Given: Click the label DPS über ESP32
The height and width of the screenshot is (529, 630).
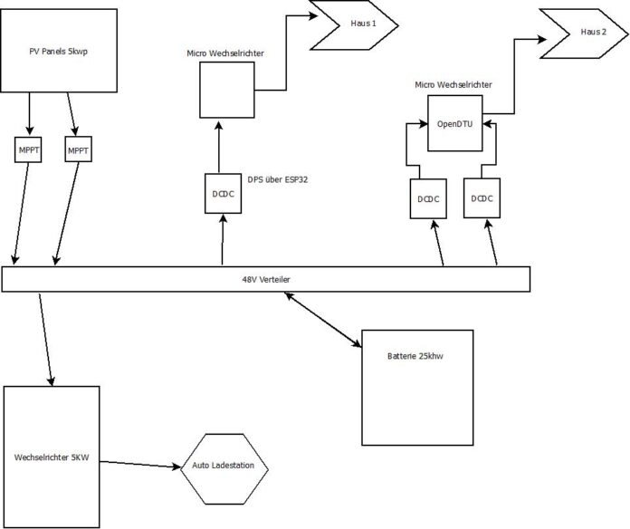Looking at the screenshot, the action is click(x=277, y=179).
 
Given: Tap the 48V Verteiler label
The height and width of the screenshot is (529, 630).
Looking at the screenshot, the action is click(x=266, y=279).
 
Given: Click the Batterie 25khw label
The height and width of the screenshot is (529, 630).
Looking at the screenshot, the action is click(x=415, y=356).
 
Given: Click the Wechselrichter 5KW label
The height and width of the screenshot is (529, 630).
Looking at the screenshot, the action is click(x=52, y=457).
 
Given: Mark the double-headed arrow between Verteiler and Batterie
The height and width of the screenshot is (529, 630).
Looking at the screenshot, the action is click(x=322, y=319).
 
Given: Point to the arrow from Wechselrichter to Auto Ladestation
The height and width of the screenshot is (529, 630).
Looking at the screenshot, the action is click(x=139, y=465).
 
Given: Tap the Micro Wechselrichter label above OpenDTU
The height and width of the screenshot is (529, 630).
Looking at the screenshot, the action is click(x=453, y=85).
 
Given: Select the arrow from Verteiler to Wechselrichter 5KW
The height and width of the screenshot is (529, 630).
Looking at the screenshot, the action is click(x=46, y=340).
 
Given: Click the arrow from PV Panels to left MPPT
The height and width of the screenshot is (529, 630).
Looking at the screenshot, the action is click(x=29, y=114).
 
